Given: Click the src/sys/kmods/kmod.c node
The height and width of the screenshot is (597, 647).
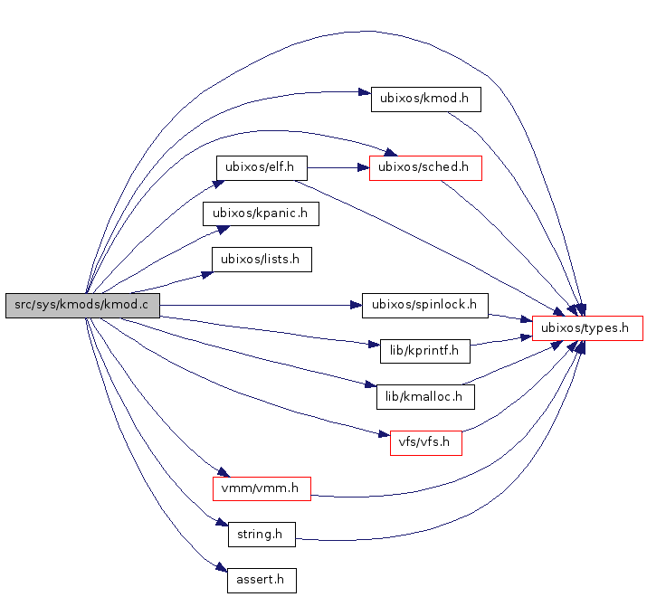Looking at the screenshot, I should coord(82,306).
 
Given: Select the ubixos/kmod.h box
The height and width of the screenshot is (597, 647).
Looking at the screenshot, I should coord(425,99).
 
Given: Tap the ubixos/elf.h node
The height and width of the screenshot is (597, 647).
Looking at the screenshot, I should coord(262,168).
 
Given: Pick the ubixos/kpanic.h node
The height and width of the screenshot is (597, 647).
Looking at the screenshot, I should coord(261,213).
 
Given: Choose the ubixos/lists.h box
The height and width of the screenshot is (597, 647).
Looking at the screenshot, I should coord(262,260).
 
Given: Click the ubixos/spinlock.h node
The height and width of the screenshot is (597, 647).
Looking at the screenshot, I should coord(424,305).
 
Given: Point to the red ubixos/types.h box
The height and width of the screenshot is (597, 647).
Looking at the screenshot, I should coord(587,328).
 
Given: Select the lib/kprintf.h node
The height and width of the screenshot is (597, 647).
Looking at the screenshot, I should coord(425,348).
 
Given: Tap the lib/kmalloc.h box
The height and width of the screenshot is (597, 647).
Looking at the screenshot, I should coord(425,395).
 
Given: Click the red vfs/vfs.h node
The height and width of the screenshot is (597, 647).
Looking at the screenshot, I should coord(425,443).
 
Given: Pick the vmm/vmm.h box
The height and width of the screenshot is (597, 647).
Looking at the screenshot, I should coord(262,488).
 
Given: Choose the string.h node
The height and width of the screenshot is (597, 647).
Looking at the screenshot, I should coord(261,535).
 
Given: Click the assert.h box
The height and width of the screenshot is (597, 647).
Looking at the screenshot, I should coord(262,580).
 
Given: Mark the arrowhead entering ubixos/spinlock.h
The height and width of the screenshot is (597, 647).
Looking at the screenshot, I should coord(356,305).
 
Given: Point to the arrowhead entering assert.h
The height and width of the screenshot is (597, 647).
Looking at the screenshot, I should coord(220,569).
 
